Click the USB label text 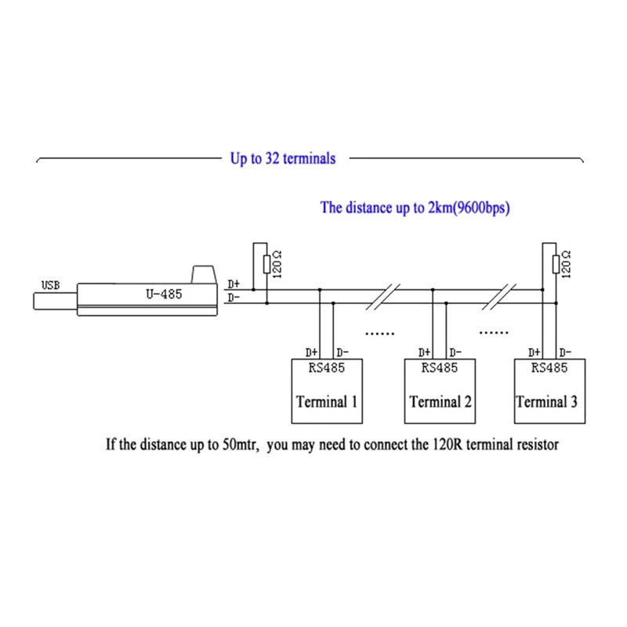[50, 285]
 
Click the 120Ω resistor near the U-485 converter [266, 264]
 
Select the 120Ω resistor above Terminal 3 [555, 264]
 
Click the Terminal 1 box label [327, 402]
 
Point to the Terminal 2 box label [440, 402]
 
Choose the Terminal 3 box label [547, 402]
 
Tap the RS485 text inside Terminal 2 [439, 367]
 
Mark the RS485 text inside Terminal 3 [549, 367]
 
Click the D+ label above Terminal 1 [311, 353]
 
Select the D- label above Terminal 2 [455, 353]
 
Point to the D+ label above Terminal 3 [536, 353]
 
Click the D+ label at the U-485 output [234, 285]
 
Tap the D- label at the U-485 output [234, 298]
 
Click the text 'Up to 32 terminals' [282, 158]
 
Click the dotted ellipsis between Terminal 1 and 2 [381, 333]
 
